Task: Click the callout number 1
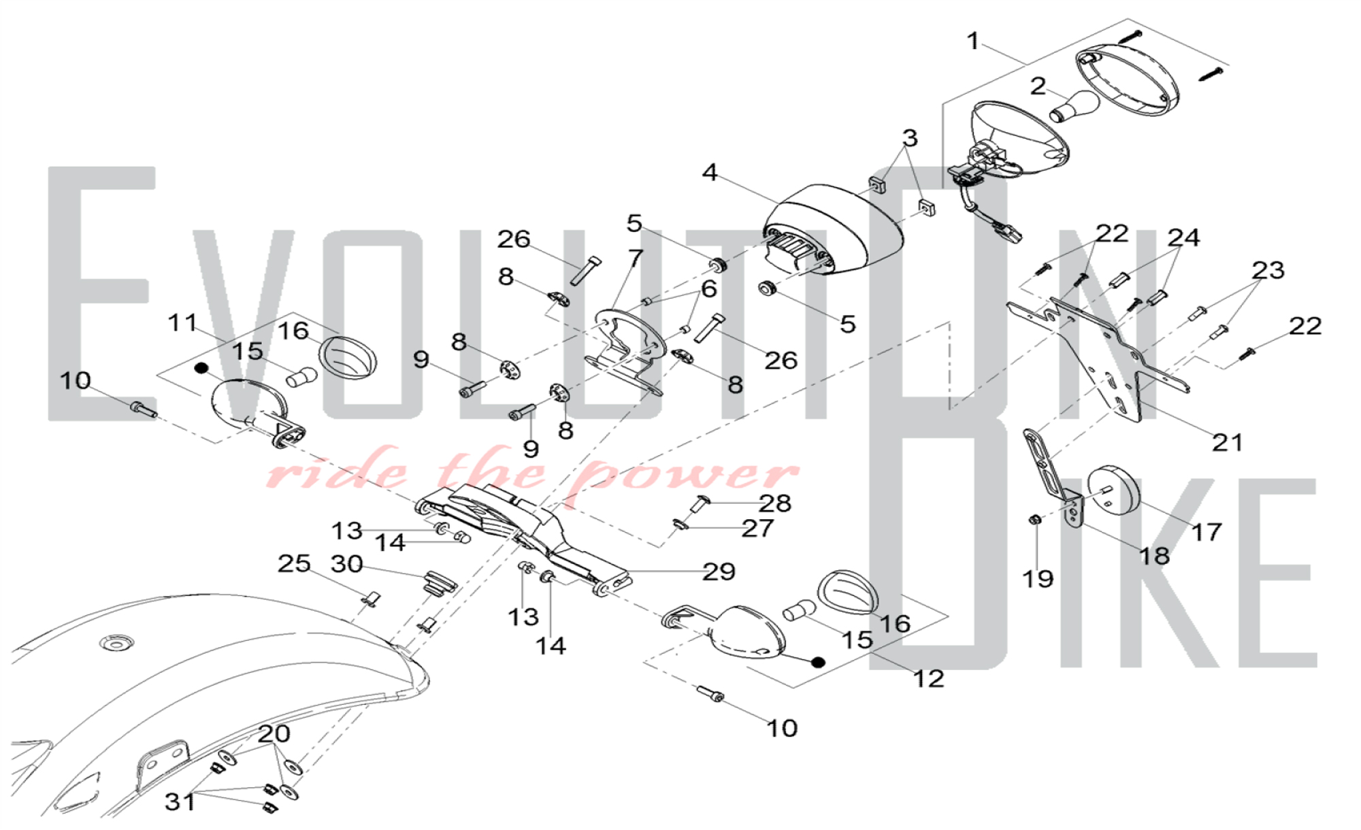point(973,41)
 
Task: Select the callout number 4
point(710,173)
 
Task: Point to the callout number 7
point(636,259)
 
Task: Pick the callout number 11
point(182,322)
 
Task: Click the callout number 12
point(928,678)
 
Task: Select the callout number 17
point(1207,532)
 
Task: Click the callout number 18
point(1154,557)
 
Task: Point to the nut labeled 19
point(1034,520)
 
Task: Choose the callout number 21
point(1228,443)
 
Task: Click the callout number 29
point(719,572)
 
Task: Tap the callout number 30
point(346,564)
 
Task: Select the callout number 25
point(294,563)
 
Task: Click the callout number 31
point(180,802)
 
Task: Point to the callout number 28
point(775,503)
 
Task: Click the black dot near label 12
point(819,662)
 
